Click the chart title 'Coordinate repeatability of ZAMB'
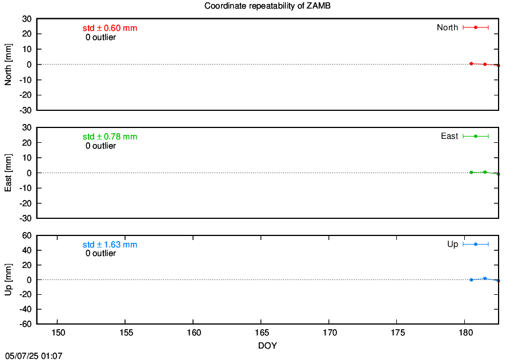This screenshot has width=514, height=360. [267, 6]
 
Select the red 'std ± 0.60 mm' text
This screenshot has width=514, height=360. [110, 28]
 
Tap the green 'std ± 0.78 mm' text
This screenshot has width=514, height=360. [110, 137]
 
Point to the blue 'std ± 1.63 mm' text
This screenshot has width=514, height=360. [110, 245]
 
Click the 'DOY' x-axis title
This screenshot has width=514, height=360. [267, 346]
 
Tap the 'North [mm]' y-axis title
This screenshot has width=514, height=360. [8, 65]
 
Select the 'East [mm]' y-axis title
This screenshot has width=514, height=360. [8, 173]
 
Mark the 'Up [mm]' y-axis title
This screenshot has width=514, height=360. [8, 279]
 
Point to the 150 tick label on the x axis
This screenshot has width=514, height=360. [58, 333]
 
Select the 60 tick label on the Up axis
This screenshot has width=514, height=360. [27, 235]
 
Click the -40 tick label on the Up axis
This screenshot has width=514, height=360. [26, 309]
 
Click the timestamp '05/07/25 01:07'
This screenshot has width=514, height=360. [34, 356]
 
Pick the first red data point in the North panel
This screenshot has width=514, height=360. [471, 63]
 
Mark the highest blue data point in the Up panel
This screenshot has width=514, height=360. [485, 278]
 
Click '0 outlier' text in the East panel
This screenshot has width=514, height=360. [101, 146]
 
